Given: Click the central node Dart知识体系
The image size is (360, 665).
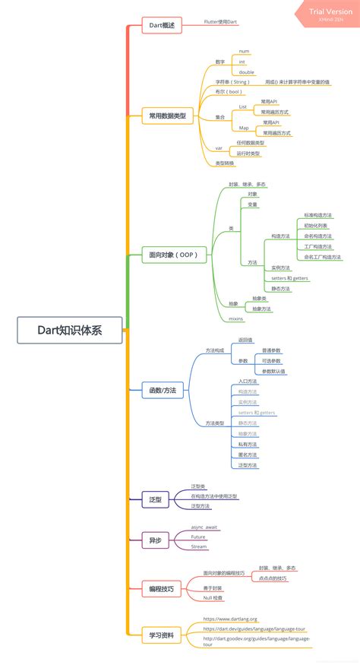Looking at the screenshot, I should [x=70, y=330].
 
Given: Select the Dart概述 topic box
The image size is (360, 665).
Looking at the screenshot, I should [x=162, y=25].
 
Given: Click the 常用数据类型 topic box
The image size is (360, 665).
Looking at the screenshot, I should [x=168, y=116].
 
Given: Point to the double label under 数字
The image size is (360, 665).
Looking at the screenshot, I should [x=247, y=72].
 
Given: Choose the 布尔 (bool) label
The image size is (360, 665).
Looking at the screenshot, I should [x=225, y=91].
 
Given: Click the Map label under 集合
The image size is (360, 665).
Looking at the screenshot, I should [x=243, y=128].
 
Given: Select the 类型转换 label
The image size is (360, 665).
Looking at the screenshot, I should [x=225, y=163].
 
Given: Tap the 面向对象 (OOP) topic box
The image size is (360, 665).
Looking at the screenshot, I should [x=174, y=255].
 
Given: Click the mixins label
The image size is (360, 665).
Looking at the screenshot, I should [x=235, y=319].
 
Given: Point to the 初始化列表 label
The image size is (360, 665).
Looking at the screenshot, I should [x=316, y=226].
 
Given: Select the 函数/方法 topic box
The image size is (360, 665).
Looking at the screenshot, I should [x=163, y=391].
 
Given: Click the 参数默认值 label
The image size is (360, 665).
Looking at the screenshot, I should [x=273, y=372].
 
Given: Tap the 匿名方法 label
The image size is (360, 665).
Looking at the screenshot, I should [x=248, y=454].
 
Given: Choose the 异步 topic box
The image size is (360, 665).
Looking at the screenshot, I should [x=155, y=540].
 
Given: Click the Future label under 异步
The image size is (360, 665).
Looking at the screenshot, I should [x=198, y=537].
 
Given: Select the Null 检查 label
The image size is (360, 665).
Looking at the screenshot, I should [x=215, y=598].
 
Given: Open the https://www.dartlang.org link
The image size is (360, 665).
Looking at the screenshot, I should [x=230, y=619].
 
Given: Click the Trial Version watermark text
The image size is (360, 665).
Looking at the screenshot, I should [x=330, y=12].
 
